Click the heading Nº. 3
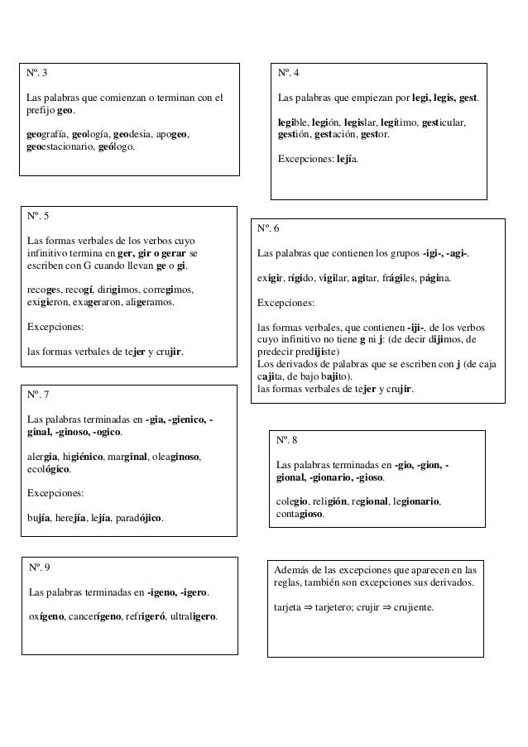tap(37, 73)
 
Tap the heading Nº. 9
tap(39, 567)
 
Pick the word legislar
tap(365, 122)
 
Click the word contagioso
tap(300, 515)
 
